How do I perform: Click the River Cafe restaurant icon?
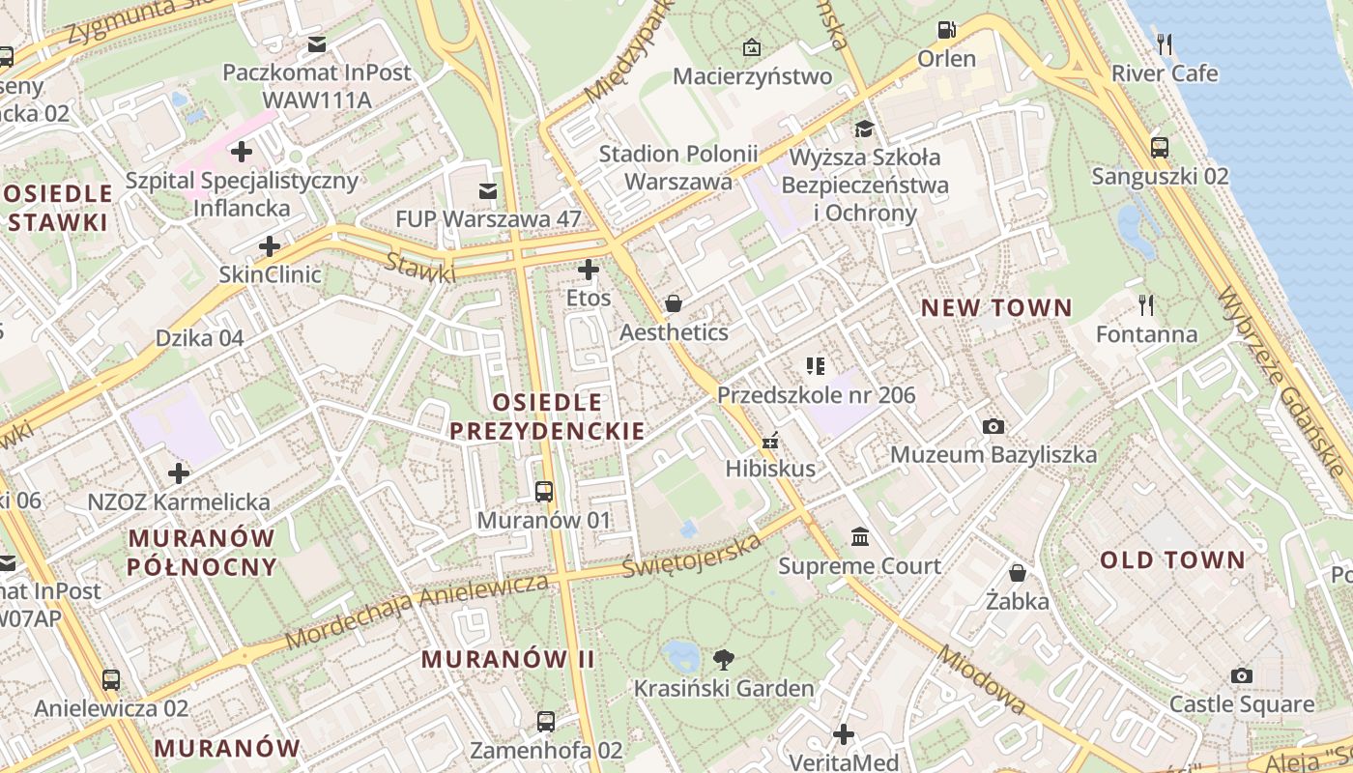pos(1165,43)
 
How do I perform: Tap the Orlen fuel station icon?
pos(947,30)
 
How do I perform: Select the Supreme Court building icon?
pos(860,536)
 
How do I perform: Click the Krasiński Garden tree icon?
pos(723,660)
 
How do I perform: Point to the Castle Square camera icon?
pos(1242,675)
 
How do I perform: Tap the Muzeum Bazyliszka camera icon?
pos(993,426)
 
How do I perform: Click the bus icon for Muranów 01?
pos(544,491)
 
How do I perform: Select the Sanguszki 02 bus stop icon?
pos(1160,148)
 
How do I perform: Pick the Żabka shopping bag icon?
pos(1018,573)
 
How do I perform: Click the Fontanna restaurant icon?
pos(1146,305)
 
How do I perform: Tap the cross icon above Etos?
pos(589,270)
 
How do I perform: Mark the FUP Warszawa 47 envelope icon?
pos(488,191)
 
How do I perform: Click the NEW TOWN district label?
pos(995,308)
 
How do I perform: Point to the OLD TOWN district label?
pos(1172,560)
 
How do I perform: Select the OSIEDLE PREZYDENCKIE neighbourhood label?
pos(547,416)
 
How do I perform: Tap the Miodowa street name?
pos(980,680)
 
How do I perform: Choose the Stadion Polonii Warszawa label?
pos(677,167)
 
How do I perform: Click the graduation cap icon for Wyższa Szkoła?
pos(863,129)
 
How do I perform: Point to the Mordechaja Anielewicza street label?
pos(417,613)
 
